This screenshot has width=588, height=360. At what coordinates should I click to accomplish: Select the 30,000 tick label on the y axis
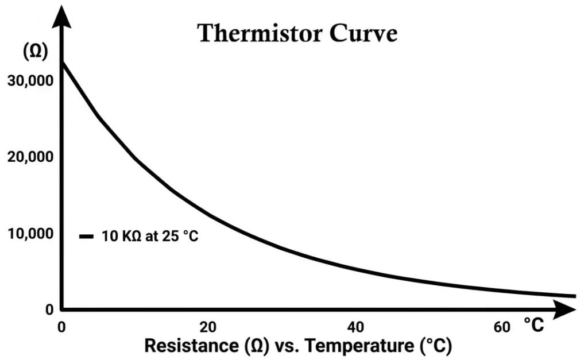30,80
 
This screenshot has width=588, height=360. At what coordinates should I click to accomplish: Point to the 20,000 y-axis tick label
30,157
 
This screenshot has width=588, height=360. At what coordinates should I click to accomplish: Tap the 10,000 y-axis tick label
30,234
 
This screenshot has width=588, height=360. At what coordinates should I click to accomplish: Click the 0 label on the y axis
49,310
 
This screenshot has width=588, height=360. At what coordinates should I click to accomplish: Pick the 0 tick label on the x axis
62,327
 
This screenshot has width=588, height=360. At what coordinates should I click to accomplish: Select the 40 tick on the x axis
356,327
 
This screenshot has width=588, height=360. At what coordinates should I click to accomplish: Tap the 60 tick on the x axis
501,327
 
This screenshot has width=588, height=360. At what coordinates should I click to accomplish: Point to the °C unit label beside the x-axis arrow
533,326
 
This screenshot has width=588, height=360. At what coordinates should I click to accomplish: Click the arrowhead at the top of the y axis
61,17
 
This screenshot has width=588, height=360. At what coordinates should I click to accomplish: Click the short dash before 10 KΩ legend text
87,237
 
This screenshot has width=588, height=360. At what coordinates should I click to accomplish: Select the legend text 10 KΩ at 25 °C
150,236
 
